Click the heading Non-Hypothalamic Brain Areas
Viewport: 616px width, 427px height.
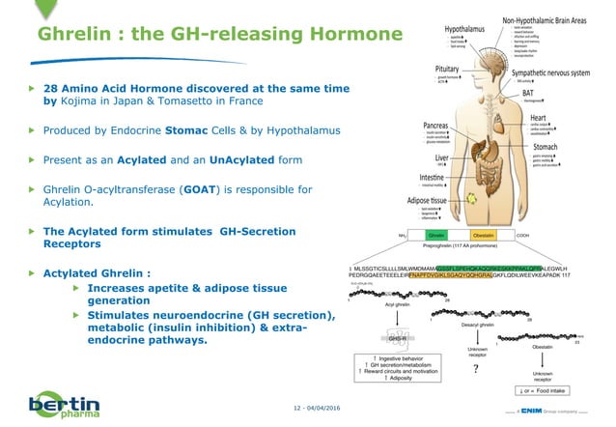[x=546, y=19]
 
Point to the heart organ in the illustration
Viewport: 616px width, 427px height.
[x=493, y=109]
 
